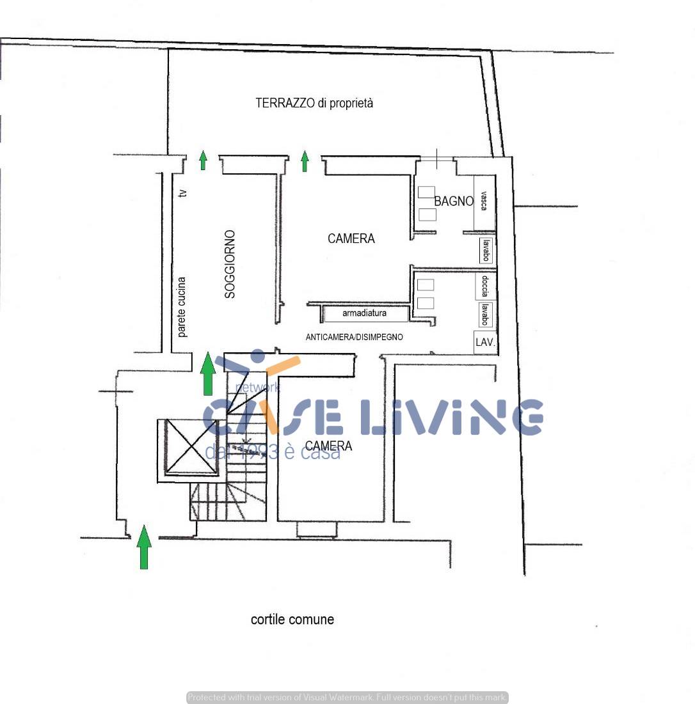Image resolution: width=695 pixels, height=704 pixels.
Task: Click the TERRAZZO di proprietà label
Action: pyautogui.click(x=314, y=103)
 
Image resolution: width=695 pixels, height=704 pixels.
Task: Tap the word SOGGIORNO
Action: pyautogui.click(x=230, y=264)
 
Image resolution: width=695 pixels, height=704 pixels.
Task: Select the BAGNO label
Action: pyautogui.click(x=454, y=201)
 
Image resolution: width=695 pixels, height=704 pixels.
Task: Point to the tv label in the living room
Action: pyautogui.click(x=183, y=192)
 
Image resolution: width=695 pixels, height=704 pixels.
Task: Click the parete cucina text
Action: pyautogui.click(x=182, y=307)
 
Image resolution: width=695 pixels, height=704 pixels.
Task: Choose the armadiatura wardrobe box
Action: pyautogui.click(x=365, y=314)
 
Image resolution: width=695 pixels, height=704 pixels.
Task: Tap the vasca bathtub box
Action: pyautogui.click(x=484, y=202)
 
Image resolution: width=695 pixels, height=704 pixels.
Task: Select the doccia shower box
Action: pyautogui.click(x=485, y=286)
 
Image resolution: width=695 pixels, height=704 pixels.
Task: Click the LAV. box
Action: pyautogui.click(x=485, y=342)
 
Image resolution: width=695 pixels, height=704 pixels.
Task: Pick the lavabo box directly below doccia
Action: pyautogui.click(x=485, y=315)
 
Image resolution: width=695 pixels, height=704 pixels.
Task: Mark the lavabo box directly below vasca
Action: pyautogui.click(x=486, y=250)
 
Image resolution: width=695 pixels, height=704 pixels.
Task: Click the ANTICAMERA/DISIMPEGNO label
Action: pyautogui.click(x=354, y=337)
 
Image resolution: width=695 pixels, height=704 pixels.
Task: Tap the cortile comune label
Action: pyautogui.click(x=292, y=620)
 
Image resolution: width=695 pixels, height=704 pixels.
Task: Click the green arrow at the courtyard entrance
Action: pyautogui.click(x=144, y=547)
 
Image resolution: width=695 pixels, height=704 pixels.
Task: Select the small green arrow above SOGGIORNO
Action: pyautogui.click(x=203, y=160)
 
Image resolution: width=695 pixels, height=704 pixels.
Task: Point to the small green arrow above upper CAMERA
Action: pyautogui.click(x=305, y=161)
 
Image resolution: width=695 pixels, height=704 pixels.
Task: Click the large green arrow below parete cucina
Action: pyautogui.click(x=207, y=373)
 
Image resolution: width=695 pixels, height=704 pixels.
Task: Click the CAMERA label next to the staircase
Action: pyautogui.click(x=328, y=446)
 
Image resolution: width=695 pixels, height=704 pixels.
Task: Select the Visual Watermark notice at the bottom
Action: pyautogui.click(x=347, y=698)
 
